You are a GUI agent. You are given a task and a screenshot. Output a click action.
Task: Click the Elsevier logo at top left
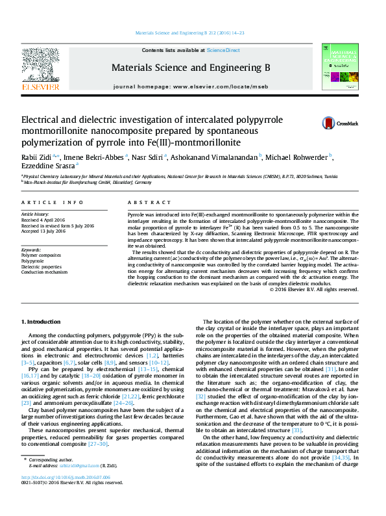coord(41,70)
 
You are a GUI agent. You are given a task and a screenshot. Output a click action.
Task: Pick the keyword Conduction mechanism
coord(44,272)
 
